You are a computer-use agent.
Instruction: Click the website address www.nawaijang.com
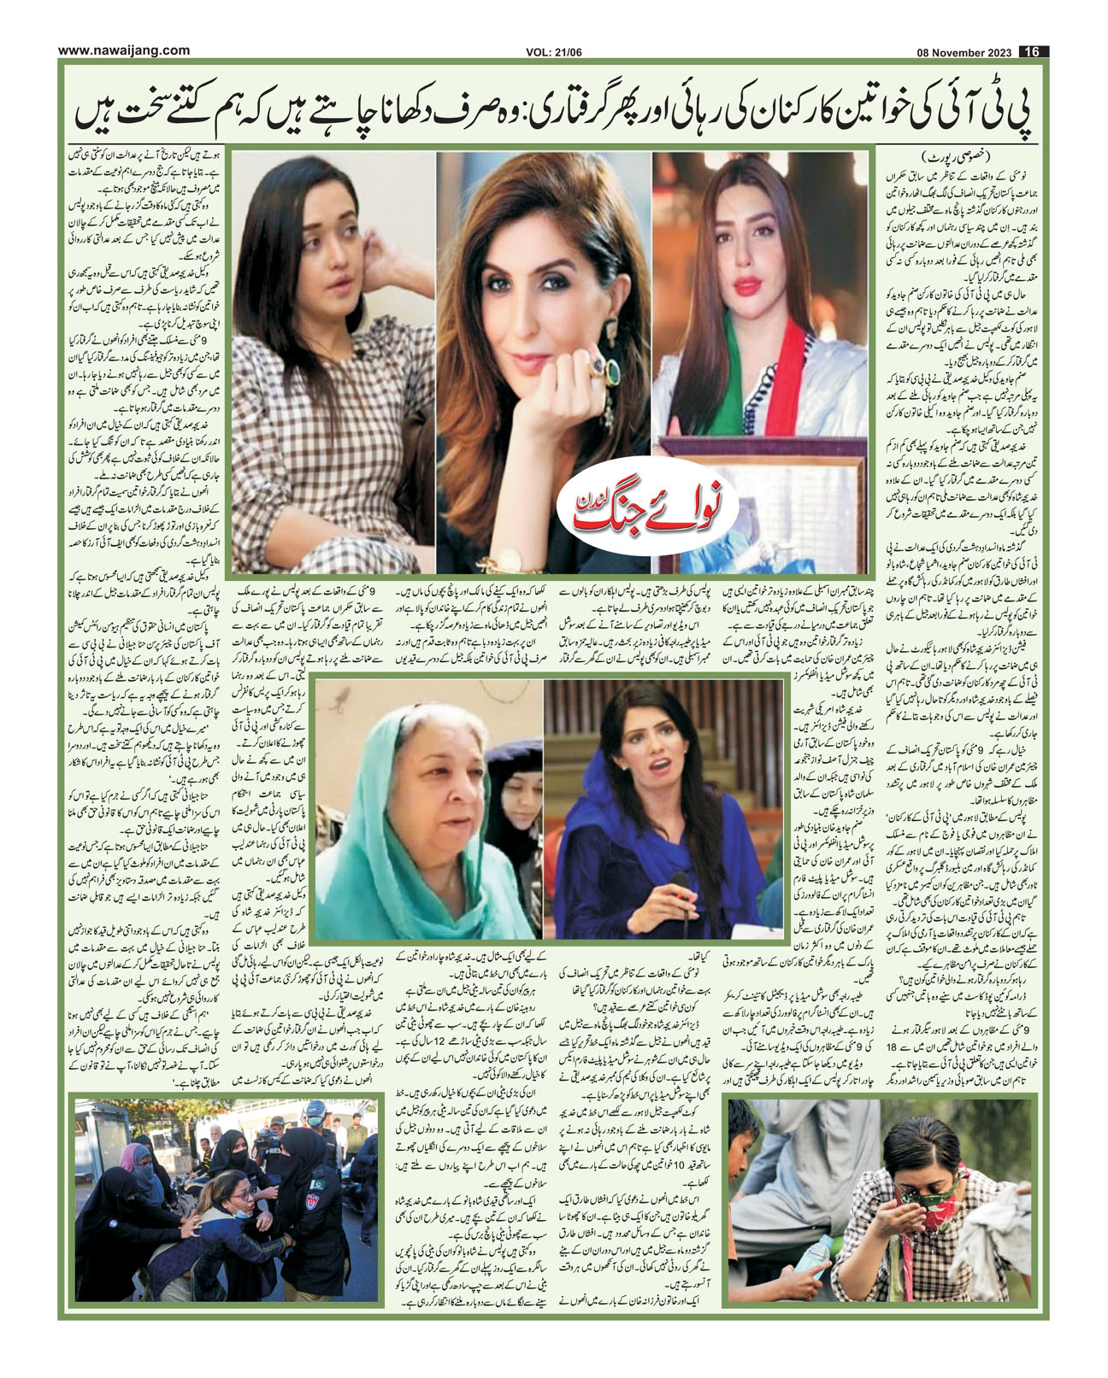point(123,50)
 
